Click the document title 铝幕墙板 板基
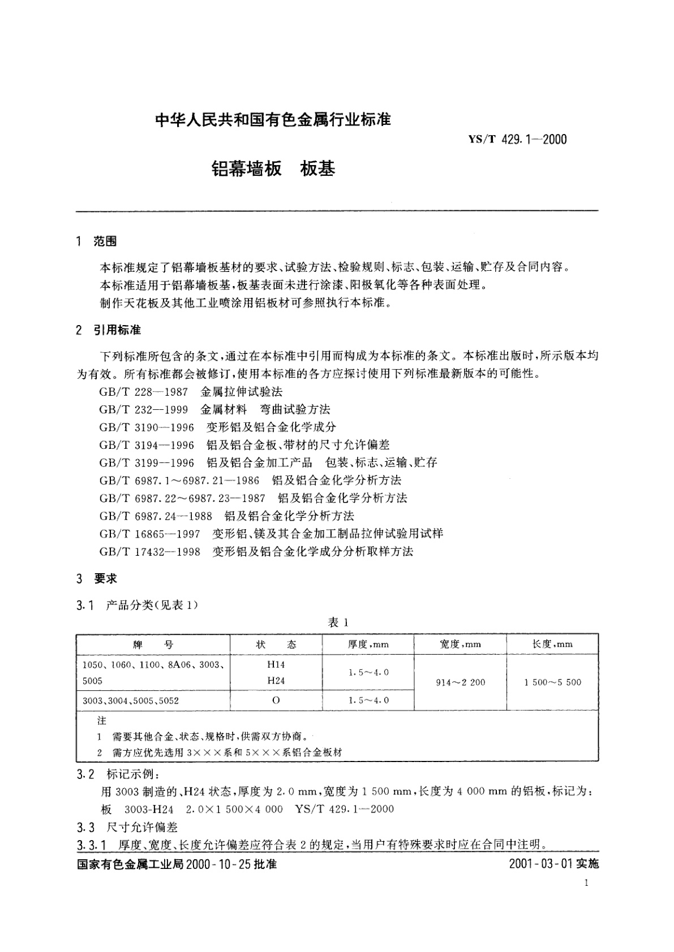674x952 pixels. coord(273,168)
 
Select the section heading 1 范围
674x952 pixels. coord(97,241)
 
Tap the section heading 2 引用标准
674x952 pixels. coord(109,330)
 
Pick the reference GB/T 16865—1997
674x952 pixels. coord(150,533)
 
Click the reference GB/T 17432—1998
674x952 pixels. coord(150,551)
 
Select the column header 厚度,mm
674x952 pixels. coord(368,644)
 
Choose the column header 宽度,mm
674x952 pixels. coord(460,644)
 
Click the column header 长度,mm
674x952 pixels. coord(552,644)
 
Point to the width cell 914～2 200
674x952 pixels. coord(461,682)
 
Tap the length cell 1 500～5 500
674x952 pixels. coord(552,682)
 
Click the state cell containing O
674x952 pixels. coord(276,700)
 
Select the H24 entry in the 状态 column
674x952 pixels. coord(276,681)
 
